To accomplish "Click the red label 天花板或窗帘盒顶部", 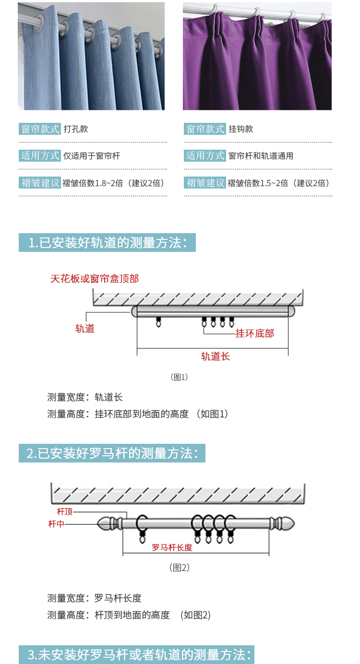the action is coord(94,279).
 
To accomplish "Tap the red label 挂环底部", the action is coord(255,333).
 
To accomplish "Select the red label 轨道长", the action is coord(216,356).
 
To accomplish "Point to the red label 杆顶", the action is coord(65,511).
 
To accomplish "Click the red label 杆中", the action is coord(56,524).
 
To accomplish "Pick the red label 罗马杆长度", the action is coord(172,547).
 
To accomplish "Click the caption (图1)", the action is coord(180,377).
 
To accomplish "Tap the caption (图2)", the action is coord(180,568).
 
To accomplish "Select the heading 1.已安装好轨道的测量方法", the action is coord(108,242).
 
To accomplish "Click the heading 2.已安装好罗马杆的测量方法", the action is coord(112,453).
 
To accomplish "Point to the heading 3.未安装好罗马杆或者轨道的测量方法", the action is coord(139,654).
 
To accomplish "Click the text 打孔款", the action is coord(76,129).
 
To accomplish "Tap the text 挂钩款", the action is coord(241,129).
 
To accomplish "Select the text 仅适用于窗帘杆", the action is coord(92,155).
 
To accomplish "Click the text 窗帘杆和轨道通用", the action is coord(261,155).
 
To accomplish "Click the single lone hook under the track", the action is coord(159,322).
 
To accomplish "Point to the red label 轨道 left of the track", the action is coord(85,329).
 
